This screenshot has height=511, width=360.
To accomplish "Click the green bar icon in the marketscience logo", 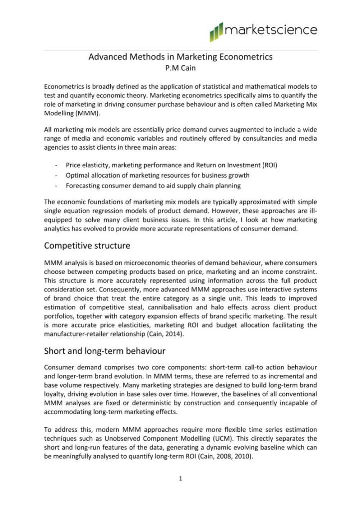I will pos(217,31).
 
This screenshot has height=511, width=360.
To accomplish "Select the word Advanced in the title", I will pos(106,57).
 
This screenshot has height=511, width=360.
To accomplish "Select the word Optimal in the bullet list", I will pos(78,176).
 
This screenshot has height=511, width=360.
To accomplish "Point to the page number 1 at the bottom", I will pos(180,479).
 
